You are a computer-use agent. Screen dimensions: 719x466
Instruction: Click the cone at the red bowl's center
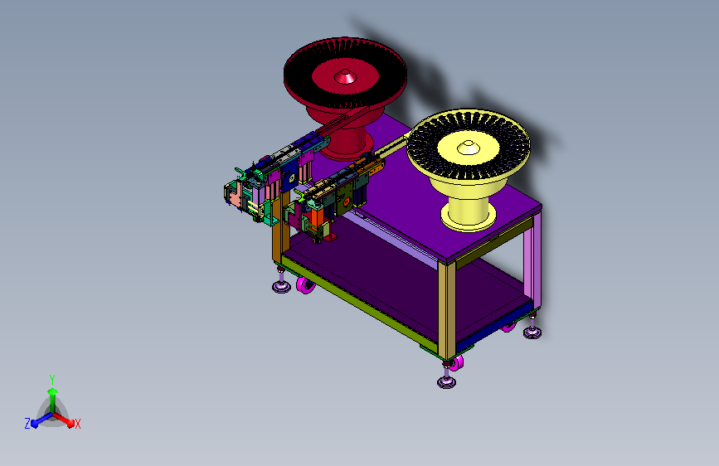[345, 76]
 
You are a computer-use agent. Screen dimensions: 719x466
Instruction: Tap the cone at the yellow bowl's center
[468, 148]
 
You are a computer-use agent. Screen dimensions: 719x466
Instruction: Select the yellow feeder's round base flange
[469, 217]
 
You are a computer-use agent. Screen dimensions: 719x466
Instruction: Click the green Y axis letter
[52, 380]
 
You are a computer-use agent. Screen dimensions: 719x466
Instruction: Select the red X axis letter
[77, 424]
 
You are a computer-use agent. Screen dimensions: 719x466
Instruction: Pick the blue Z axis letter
[27, 424]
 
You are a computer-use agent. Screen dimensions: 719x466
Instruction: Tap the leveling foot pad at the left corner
[281, 287]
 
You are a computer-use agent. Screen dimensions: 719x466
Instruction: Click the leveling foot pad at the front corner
[446, 382]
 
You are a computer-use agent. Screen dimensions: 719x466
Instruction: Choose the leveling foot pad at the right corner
[532, 333]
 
